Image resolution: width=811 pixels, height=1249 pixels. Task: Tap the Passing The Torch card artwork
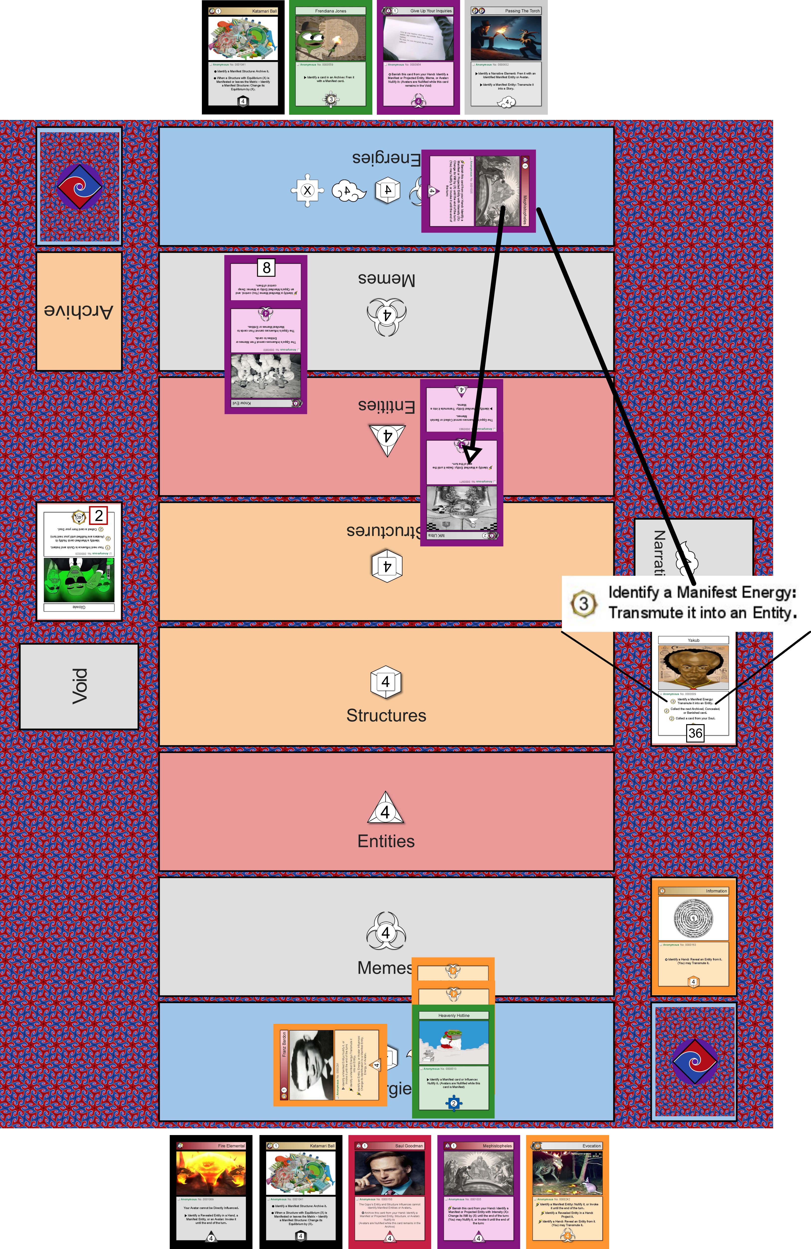point(506,38)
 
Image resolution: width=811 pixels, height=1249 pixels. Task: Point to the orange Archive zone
point(79,311)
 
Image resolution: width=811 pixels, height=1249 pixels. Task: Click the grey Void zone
point(79,686)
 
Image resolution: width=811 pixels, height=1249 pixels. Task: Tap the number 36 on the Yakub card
point(695,733)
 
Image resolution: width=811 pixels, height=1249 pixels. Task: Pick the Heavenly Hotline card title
point(454,1015)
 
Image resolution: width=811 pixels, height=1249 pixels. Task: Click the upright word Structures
point(386,715)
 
